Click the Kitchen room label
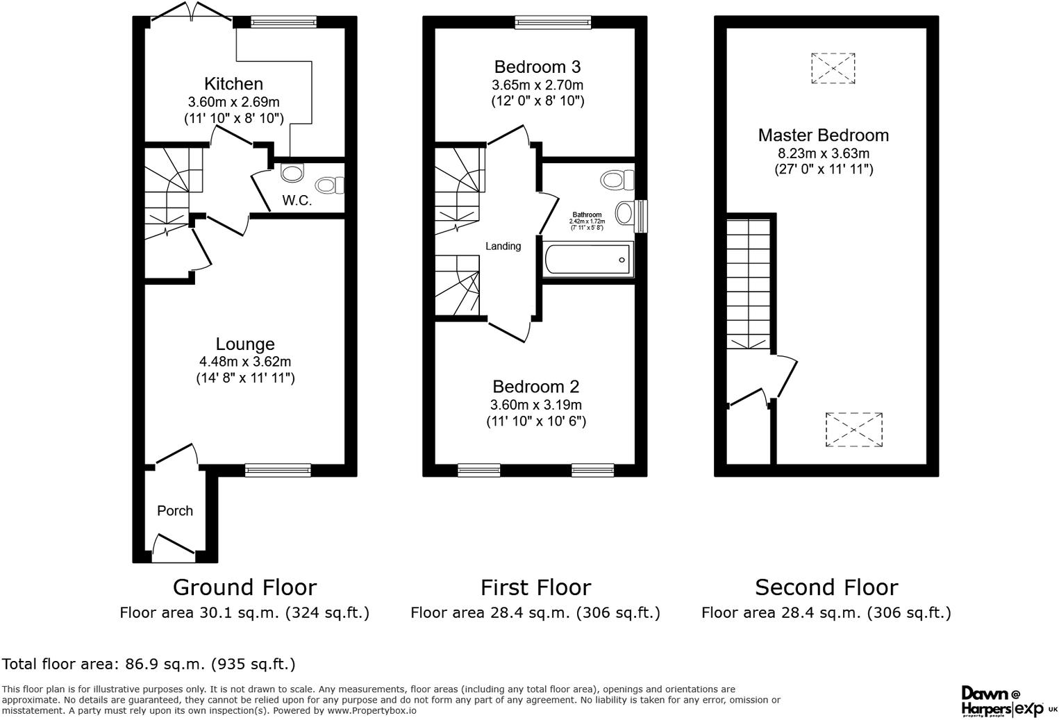pyautogui.click(x=233, y=84)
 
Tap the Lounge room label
pyautogui.click(x=244, y=344)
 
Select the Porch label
pyautogui.click(x=175, y=511)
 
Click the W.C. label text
pyautogui.click(x=297, y=201)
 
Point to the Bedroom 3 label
pyautogui.click(x=537, y=67)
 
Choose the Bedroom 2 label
pyautogui.click(x=535, y=387)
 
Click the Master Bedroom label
pyautogui.click(x=823, y=135)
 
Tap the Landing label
pyautogui.click(x=503, y=246)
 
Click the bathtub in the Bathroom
pyautogui.click(x=588, y=260)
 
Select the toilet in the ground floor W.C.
pyautogui.click(x=329, y=185)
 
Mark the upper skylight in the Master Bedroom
pyautogui.click(x=833, y=68)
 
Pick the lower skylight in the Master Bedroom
pyautogui.click(x=853, y=430)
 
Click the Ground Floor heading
pyautogui.click(x=244, y=587)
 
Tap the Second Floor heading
pyautogui.click(x=826, y=587)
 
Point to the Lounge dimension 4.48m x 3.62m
pyautogui.click(x=244, y=362)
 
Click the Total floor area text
pyautogui.click(x=149, y=664)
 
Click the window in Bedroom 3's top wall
pyautogui.click(x=553, y=23)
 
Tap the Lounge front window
pyautogui.click(x=278, y=470)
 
